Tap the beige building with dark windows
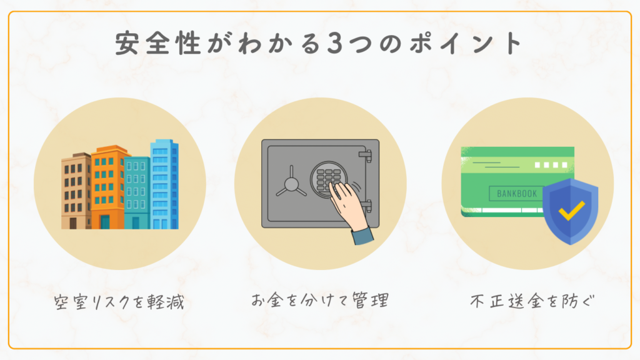[76, 191]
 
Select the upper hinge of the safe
[366, 153]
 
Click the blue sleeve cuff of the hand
[362, 237]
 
